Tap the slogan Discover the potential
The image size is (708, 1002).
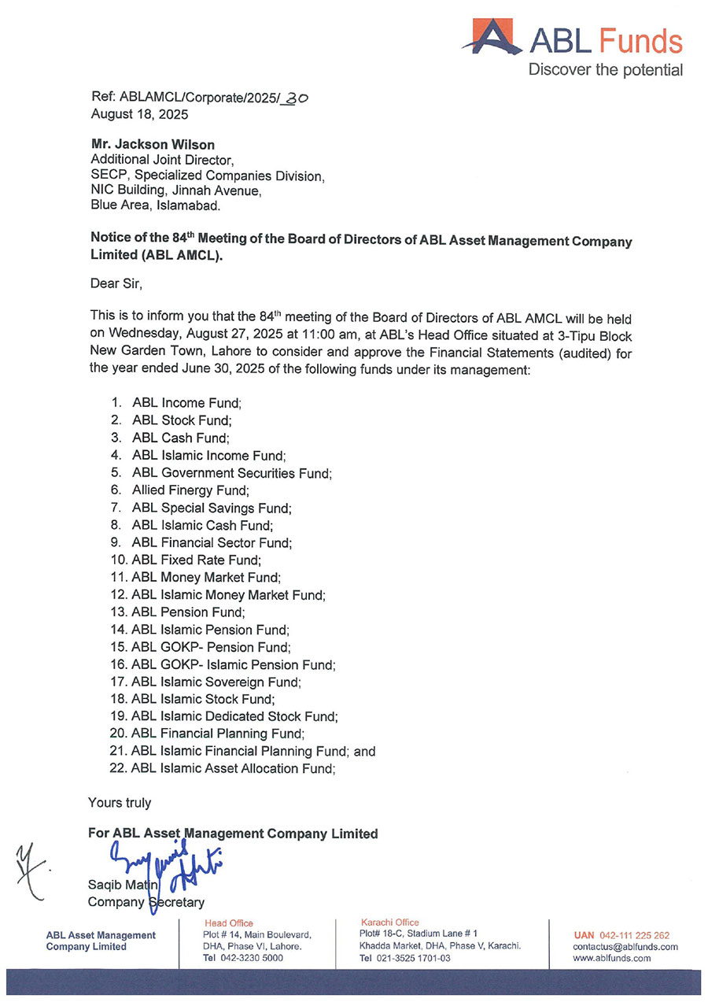click(x=605, y=70)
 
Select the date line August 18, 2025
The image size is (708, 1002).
click(x=139, y=113)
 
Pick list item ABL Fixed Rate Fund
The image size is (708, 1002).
click(x=196, y=560)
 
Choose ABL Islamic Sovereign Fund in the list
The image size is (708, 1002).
click(x=216, y=682)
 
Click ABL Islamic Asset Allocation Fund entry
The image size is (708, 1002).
click(x=233, y=768)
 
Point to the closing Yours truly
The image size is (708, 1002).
click(x=120, y=803)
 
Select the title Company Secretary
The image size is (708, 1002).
click(x=146, y=902)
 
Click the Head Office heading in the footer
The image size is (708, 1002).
click(x=229, y=923)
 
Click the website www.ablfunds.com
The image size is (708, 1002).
click(x=612, y=958)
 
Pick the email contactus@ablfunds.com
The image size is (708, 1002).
click(x=625, y=947)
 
